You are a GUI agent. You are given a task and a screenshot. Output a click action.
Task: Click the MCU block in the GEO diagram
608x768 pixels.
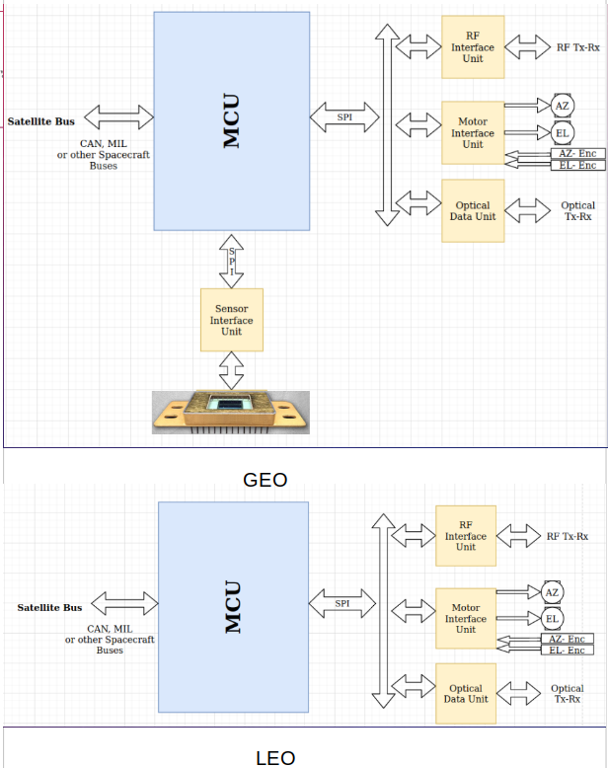[x=231, y=120]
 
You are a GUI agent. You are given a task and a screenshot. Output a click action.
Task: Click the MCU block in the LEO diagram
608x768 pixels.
[x=232, y=606]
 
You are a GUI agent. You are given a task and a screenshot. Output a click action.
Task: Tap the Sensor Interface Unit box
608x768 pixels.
[x=232, y=320]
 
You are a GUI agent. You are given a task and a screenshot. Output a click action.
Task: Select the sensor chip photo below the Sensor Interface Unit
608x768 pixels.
[x=231, y=412]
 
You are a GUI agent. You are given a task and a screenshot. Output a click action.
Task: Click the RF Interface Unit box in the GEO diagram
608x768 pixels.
[x=473, y=46]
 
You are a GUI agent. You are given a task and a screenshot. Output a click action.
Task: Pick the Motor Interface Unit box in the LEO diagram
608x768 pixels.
[x=465, y=619]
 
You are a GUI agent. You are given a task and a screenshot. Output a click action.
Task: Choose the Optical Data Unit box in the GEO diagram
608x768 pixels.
[x=473, y=210]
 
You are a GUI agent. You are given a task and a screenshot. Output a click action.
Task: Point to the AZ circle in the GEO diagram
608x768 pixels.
[x=562, y=106]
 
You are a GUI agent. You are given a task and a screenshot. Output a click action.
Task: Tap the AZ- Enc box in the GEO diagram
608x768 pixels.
[x=576, y=153]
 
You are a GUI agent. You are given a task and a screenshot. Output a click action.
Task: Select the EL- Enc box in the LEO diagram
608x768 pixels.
[x=567, y=650]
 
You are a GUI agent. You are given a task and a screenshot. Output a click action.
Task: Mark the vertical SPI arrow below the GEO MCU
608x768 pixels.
[x=232, y=261]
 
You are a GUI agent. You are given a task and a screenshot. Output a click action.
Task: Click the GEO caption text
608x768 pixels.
[x=265, y=480]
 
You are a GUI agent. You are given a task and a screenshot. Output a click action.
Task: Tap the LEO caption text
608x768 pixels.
[x=275, y=757]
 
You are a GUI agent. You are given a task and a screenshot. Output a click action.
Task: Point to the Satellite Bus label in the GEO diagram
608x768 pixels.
[x=40, y=121]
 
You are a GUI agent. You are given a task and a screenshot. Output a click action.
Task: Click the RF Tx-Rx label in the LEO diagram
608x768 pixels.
[x=568, y=536]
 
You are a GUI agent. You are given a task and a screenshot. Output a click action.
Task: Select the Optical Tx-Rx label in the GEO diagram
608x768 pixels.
[x=577, y=211]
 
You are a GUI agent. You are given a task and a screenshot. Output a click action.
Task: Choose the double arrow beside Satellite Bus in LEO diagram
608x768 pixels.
[x=124, y=603]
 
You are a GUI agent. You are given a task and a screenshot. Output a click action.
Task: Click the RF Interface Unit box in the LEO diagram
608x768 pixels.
[x=465, y=535]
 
